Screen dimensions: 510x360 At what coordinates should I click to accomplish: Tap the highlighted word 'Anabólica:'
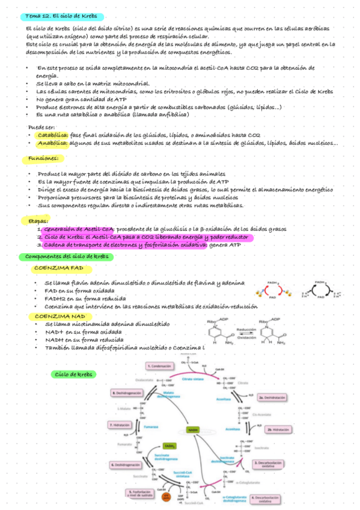[52, 143]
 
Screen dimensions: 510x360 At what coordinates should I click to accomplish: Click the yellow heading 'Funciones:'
[43, 159]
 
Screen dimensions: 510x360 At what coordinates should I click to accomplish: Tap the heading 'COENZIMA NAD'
[59, 316]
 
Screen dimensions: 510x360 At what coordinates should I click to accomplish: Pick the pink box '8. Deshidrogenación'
[127, 393]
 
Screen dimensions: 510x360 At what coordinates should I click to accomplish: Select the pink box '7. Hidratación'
[120, 425]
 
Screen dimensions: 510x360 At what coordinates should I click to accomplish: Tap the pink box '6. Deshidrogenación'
[127, 465]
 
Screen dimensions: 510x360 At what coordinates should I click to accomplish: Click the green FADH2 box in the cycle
[169, 446]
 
